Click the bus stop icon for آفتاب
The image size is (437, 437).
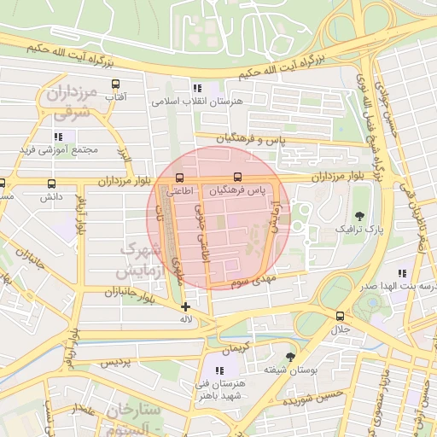115,84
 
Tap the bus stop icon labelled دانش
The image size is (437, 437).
52,183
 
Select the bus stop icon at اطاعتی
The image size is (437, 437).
178,178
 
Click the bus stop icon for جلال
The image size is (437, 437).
341,315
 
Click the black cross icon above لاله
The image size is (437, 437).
185,306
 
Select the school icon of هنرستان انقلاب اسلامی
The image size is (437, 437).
197,87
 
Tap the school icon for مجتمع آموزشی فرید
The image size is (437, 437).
58,137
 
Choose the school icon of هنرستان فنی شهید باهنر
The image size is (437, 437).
221,370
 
